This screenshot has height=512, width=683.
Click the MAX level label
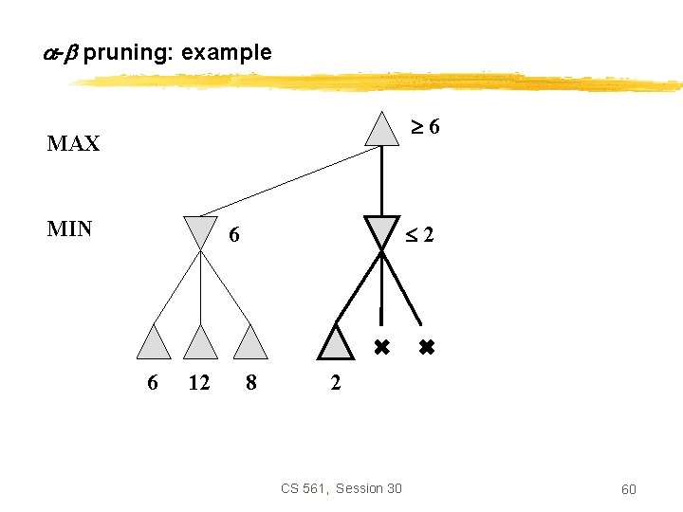(73, 144)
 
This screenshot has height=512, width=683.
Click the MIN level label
(69, 229)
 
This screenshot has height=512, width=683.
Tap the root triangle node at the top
(381, 131)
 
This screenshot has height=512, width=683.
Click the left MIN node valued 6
(200, 231)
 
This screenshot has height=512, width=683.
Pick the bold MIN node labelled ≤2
(381, 231)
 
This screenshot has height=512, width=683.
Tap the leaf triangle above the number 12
(200, 343)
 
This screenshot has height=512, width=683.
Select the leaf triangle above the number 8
(249, 343)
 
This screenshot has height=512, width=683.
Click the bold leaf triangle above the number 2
(336, 343)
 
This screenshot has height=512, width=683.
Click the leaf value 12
(199, 383)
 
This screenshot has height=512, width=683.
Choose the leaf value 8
(250, 383)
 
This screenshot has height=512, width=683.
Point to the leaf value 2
(335, 383)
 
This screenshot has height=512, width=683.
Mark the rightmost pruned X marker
(426, 348)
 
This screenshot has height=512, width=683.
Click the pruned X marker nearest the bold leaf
(381, 348)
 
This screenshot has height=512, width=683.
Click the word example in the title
(226, 52)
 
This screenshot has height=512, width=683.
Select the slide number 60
(628, 489)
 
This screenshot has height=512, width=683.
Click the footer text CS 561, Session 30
(341, 488)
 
